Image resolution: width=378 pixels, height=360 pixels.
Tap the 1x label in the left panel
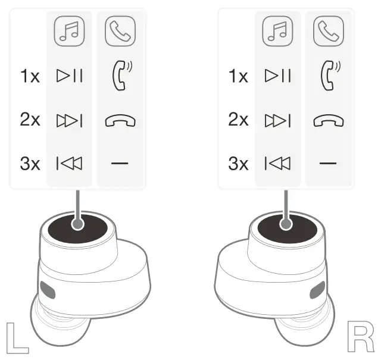(30, 76)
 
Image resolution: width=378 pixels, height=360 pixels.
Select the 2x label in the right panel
(238, 120)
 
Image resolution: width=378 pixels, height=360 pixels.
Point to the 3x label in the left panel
(30, 164)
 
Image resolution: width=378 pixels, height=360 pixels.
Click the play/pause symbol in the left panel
(70, 76)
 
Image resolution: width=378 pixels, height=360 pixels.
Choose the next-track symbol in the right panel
(278, 120)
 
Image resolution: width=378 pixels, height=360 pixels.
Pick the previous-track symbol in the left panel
(70, 164)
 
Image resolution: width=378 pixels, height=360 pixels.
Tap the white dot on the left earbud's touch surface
(77, 224)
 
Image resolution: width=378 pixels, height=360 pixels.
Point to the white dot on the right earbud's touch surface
(286, 224)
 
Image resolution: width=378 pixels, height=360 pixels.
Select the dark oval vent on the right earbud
(316, 290)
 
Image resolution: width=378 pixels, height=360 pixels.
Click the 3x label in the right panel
(238, 164)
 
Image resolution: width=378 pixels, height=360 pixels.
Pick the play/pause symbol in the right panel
(278, 76)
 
